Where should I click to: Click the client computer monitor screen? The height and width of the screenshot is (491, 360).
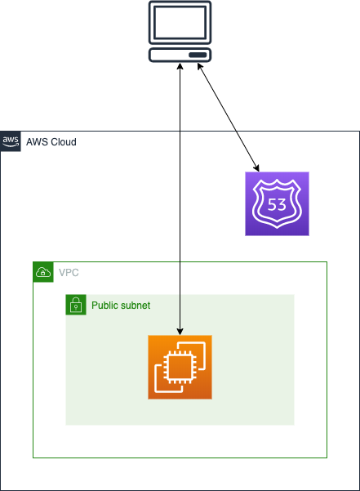[x=180, y=22]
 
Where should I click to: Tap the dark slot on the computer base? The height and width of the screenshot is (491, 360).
[x=198, y=55]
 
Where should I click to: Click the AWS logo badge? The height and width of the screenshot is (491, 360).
[x=11, y=141]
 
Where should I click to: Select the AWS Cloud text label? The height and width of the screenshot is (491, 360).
[x=51, y=142]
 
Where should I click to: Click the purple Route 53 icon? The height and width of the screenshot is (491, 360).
[x=277, y=203]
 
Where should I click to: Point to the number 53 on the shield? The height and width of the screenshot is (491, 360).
[x=277, y=204]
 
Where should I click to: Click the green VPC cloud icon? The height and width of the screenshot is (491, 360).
[x=43, y=272]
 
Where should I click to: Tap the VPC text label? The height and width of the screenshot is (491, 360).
[x=69, y=273]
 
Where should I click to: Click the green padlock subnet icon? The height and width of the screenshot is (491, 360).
[x=76, y=305]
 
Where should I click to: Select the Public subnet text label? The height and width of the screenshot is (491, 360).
[x=121, y=306]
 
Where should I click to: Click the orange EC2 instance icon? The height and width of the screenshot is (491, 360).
[x=180, y=367]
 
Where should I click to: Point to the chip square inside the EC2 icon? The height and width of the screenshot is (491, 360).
[x=180, y=367]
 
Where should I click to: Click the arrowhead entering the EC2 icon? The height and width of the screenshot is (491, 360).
[x=180, y=332]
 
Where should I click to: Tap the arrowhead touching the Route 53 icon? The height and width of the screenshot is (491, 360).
[x=256, y=167]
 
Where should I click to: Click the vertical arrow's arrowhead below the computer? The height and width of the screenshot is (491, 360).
[x=180, y=66]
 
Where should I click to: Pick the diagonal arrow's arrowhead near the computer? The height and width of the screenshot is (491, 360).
[x=200, y=66]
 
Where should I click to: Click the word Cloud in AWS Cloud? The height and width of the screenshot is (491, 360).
[x=64, y=142]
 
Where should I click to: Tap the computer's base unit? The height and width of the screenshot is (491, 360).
[x=180, y=55]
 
